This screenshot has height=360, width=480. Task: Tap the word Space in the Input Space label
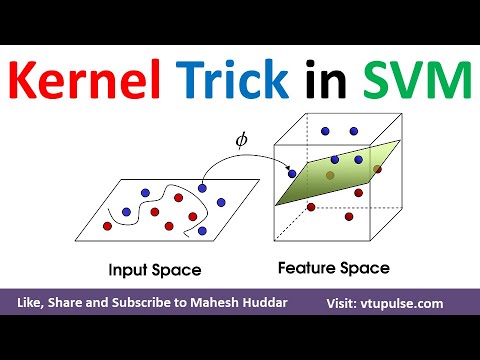click(181, 270)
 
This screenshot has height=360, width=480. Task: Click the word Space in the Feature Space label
click(365, 268)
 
